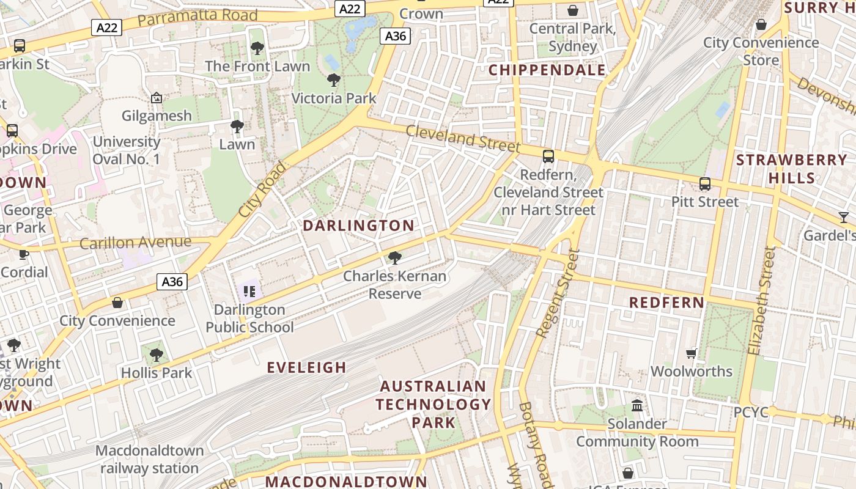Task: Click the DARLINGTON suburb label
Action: [359, 226]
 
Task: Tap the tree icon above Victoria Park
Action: [334, 79]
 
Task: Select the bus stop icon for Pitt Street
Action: [705, 183]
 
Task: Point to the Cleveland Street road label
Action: [462, 139]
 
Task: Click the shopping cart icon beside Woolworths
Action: [692, 353]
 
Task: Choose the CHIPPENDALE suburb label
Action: [547, 70]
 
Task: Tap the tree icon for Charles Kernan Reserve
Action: [395, 258]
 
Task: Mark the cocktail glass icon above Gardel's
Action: [844, 217]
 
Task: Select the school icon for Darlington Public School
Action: [249, 291]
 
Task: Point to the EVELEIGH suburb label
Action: [307, 367]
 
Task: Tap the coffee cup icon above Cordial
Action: [24, 254]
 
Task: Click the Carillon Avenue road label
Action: [135, 243]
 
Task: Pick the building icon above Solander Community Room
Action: [637, 405]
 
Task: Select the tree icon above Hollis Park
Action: [157, 355]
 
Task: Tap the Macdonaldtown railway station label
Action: [150, 459]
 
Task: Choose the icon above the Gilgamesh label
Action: [157, 98]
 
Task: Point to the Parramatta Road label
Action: [189, 18]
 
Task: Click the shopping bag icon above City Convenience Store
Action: [761, 24]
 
